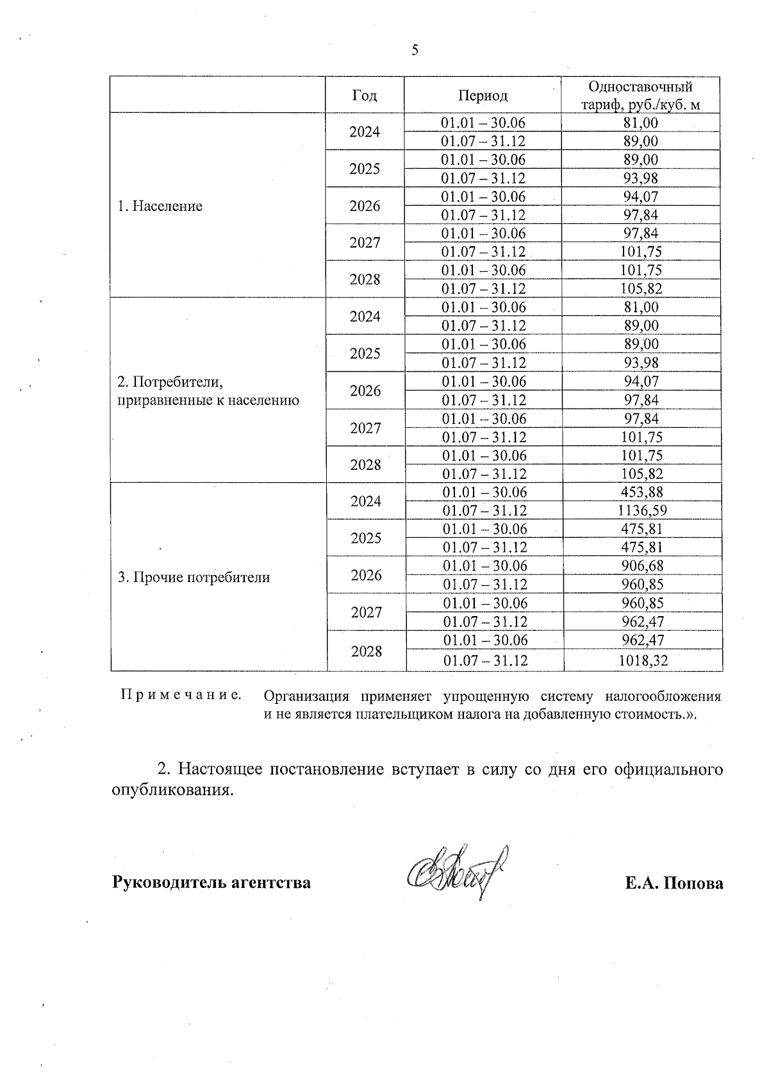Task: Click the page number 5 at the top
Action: (415, 50)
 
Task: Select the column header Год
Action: (365, 96)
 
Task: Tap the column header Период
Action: (483, 96)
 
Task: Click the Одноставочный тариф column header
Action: (640, 96)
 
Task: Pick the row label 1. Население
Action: (160, 206)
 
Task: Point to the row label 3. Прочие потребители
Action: (194, 577)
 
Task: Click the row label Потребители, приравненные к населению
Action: (208, 392)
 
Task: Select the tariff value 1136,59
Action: (642, 511)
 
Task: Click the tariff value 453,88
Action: (642, 492)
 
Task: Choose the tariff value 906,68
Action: (642, 566)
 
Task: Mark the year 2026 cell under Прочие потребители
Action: (367, 575)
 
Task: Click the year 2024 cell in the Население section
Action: (365, 131)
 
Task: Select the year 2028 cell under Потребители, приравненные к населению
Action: (366, 465)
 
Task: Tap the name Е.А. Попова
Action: (674, 883)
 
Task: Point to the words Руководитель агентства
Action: (211, 883)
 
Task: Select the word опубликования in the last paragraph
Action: (171, 790)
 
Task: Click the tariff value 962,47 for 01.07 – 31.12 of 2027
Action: (642, 621)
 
